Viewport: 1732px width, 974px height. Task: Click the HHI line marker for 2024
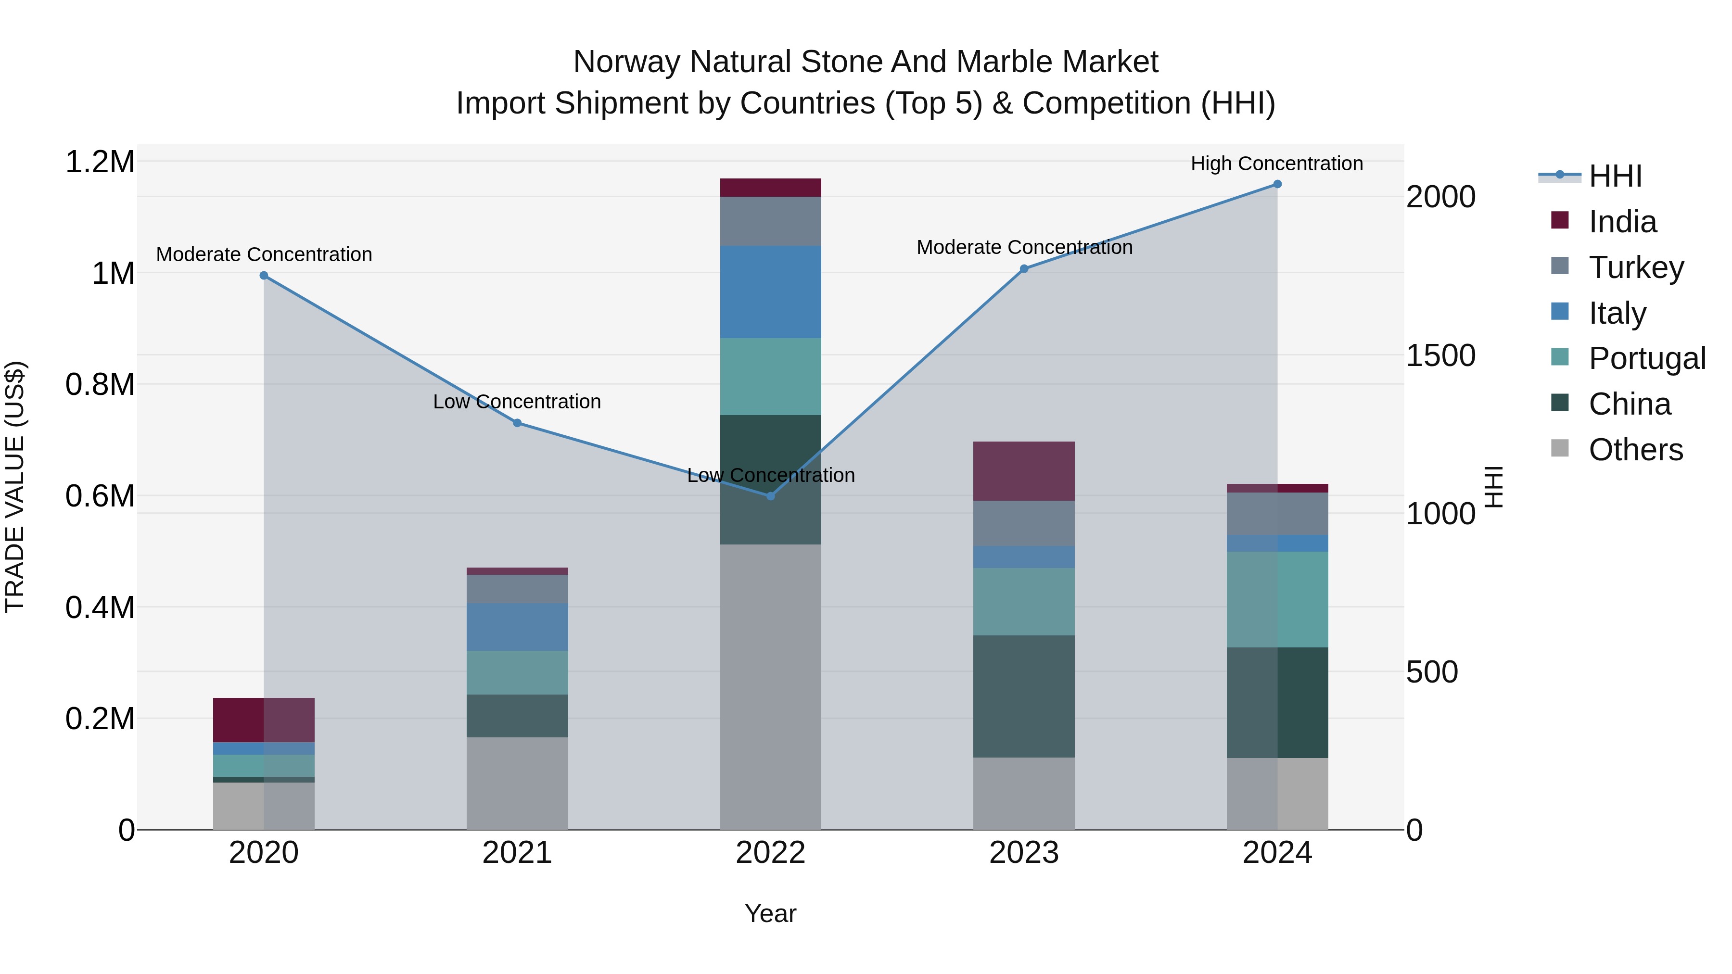pyautogui.click(x=1277, y=184)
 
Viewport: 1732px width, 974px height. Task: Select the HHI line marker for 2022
pyautogui.click(x=771, y=496)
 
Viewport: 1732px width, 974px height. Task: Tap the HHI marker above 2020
pyautogui.click(x=264, y=276)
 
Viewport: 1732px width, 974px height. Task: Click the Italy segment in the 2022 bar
pyautogui.click(x=771, y=292)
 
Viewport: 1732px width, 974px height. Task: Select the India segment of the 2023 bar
pyautogui.click(x=1023, y=471)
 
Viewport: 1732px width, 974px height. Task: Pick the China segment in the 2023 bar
pyautogui.click(x=1023, y=696)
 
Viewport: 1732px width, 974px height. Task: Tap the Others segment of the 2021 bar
pyautogui.click(x=517, y=783)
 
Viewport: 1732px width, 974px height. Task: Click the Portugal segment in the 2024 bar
pyautogui.click(x=1277, y=600)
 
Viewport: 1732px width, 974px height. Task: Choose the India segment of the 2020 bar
pyautogui.click(x=264, y=720)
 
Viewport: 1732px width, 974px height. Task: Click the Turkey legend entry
pyautogui.click(x=1636, y=267)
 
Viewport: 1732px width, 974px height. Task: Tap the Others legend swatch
pyautogui.click(x=1559, y=448)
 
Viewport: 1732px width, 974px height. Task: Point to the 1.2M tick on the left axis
pyautogui.click(x=100, y=163)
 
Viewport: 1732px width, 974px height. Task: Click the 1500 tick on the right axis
pyautogui.click(x=1440, y=355)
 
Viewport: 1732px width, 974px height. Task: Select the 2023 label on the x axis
pyautogui.click(x=1023, y=853)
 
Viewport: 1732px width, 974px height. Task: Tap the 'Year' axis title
pyautogui.click(x=771, y=913)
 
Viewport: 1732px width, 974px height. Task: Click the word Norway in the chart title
pyautogui.click(x=626, y=63)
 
